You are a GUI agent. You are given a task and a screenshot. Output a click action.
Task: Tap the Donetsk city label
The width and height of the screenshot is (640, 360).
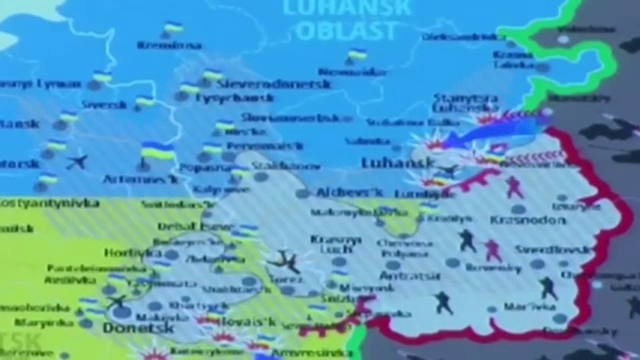[138, 328]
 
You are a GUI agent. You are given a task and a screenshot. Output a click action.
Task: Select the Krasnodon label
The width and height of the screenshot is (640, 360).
[520, 220]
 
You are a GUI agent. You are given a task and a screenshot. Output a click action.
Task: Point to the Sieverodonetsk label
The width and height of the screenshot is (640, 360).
[273, 84]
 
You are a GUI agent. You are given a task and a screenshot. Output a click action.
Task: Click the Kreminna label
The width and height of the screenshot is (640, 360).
[169, 45]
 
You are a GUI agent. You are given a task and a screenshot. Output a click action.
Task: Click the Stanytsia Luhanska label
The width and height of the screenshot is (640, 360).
[466, 102]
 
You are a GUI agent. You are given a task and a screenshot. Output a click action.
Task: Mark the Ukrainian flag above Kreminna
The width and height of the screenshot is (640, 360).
[173, 27]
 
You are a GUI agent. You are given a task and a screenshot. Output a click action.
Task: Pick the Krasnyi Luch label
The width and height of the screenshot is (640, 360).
[335, 243]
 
